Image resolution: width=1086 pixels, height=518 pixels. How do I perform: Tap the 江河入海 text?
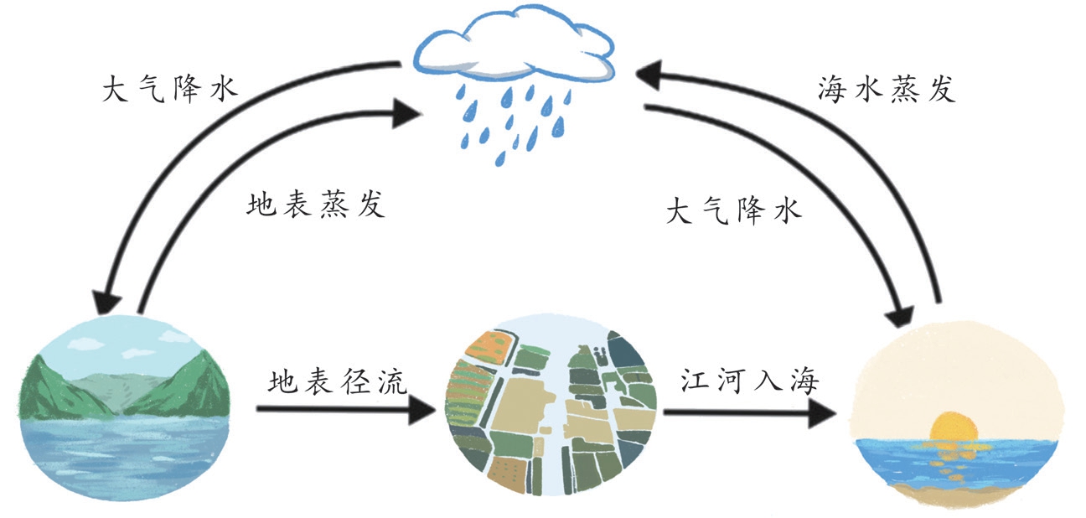pos(747,382)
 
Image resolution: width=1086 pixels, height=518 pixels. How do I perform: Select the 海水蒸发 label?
pos(886,89)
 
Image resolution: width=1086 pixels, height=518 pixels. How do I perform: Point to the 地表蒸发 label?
pos(316,205)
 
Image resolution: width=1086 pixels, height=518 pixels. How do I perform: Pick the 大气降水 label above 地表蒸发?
pos(169,89)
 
